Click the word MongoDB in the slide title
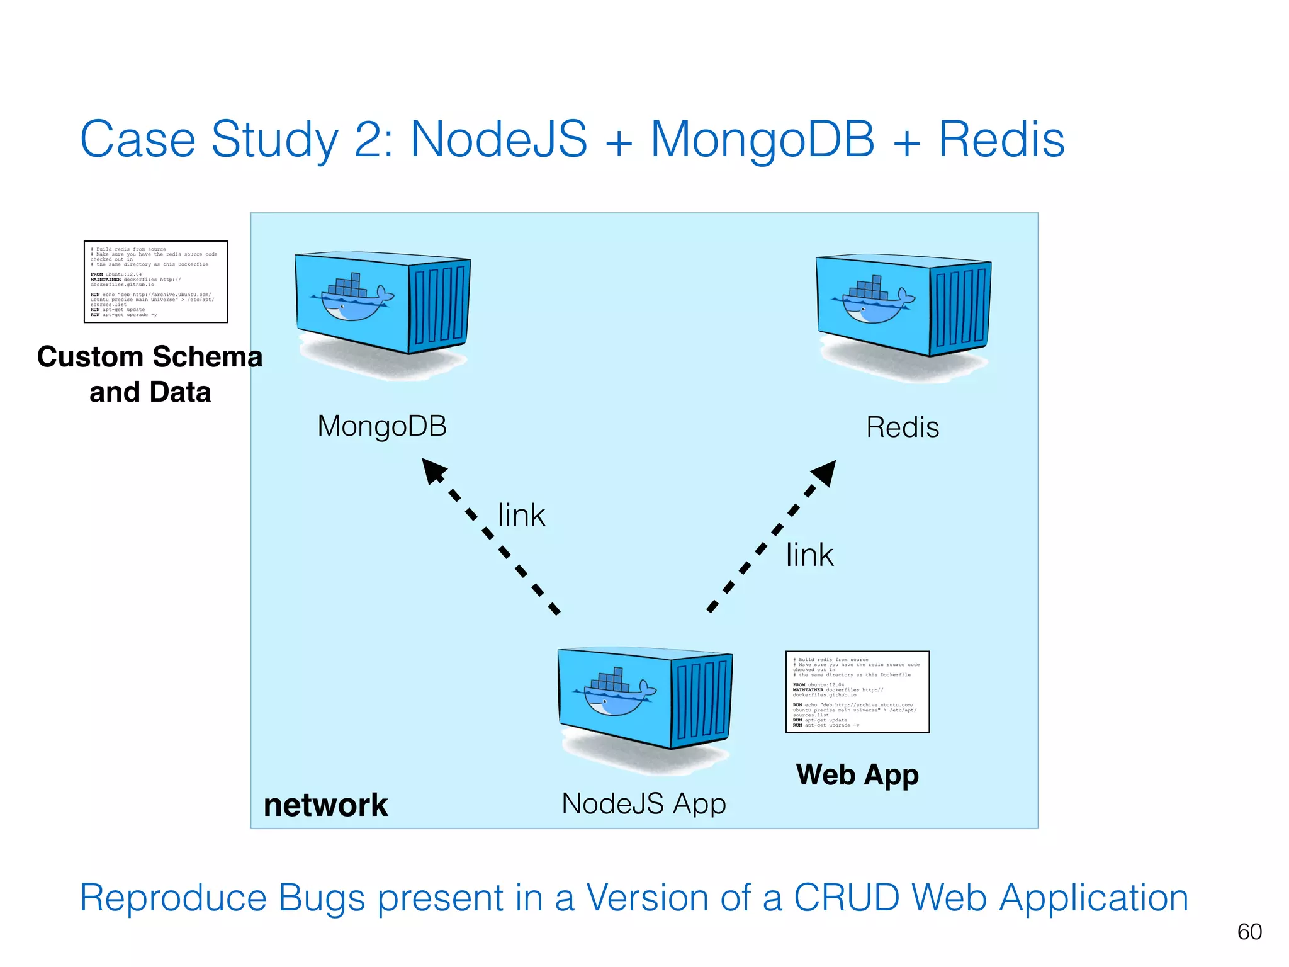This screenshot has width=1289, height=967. pyautogui.click(x=762, y=140)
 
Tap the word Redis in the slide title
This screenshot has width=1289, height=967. pyautogui.click(x=1001, y=140)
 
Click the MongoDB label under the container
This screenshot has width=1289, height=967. pyautogui.click(x=382, y=426)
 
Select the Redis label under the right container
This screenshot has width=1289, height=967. pyautogui.click(x=903, y=427)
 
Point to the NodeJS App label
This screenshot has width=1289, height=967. pyautogui.click(x=644, y=804)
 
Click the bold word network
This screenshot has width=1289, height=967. pyautogui.click(x=325, y=805)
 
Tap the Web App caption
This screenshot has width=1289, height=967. pyautogui.click(x=857, y=775)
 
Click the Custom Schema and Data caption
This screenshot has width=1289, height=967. pyautogui.click(x=150, y=374)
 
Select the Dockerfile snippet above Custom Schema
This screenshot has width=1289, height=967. pyautogui.click(x=155, y=281)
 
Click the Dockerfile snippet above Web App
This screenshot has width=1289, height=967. pyautogui.click(x=857, y=692)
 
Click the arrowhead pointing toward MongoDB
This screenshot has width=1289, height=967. pyautogui.click(x=433, y=470)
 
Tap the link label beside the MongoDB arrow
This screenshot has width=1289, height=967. pyautogui.click(x=521, y=516)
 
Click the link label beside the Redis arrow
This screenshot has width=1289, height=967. pyautogui.click(x=809, y=555)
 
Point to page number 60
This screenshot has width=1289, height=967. pyautogui.click(x=1249, y=932)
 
